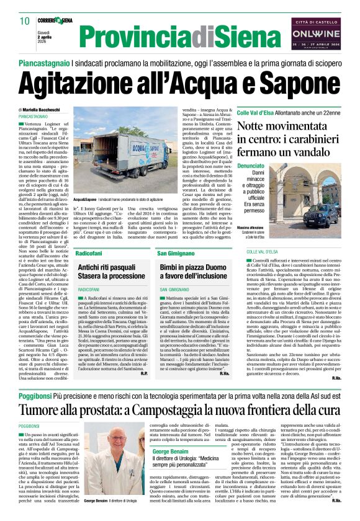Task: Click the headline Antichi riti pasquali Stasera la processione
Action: coord(111,272)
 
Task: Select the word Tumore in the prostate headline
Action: coord(43,393)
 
